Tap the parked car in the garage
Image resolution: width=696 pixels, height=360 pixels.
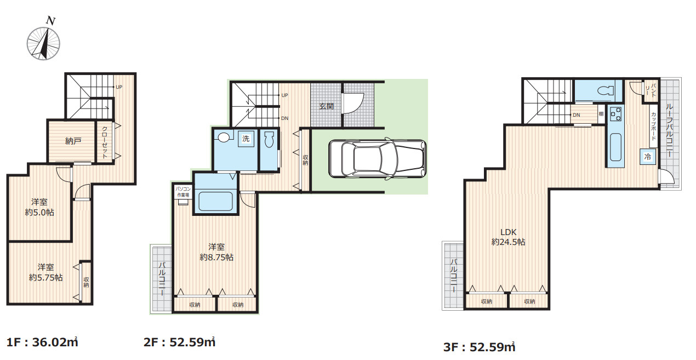coord(377,159)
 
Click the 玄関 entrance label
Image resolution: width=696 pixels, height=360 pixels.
coord(326,106)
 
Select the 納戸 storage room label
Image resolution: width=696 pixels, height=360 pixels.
coord(73,141)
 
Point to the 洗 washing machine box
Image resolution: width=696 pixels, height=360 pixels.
coord(246,139)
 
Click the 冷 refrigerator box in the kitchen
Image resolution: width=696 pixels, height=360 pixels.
coord(648,157)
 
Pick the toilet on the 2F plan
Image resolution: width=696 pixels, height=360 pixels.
coord(269,140)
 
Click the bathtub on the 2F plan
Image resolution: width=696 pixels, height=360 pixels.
coord(215,201)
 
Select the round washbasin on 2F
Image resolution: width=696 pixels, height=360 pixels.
coord(223,137)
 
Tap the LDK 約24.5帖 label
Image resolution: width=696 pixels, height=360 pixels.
coord(509,237)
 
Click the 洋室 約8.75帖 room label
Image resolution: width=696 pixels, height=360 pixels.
coord(216,252)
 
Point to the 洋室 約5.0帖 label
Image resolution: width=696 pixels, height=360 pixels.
coord(39,207)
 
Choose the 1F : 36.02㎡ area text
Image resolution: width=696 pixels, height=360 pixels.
coord(42,342)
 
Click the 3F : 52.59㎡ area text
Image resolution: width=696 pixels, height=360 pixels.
coord(479,347)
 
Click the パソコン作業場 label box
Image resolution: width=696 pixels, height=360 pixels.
coord(183,192)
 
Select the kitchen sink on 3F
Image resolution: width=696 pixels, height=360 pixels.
coord(616,147)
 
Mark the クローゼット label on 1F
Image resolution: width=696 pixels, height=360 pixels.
coord(105,142)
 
